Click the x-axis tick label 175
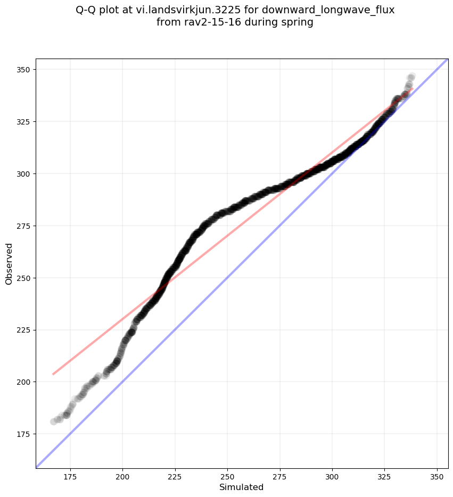pos(70,477)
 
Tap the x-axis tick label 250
pos(227,477)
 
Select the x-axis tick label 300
pos(332,477)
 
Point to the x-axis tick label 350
pos(437,477)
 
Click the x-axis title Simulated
pos(242,487)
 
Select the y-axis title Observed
pos(9,264)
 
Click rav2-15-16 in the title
pos(205,22)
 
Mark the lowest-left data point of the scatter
pos(54,421)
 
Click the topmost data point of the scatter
pos(411,77)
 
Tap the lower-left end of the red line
pos(53,374)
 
